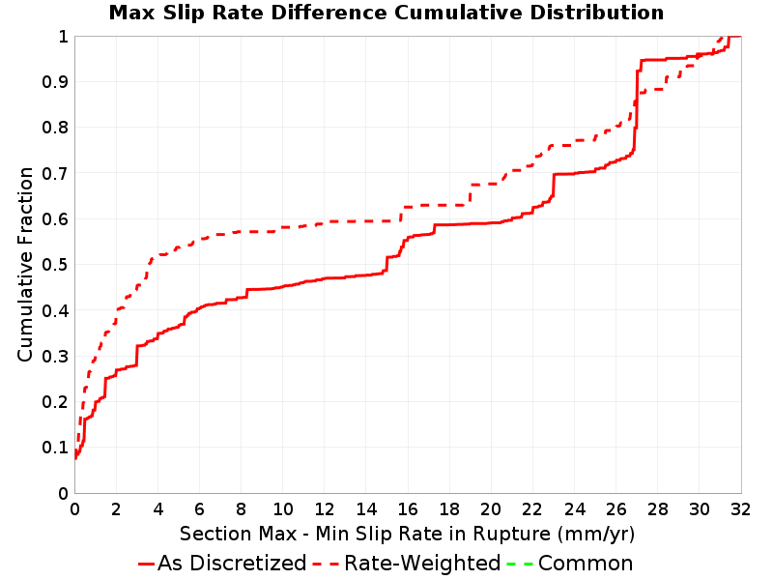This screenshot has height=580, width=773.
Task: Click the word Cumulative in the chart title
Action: click(x=457, y=13)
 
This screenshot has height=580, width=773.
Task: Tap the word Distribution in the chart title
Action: click(x=596, y=13)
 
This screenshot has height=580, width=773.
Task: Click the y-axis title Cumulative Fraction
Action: click(x=25, y=264)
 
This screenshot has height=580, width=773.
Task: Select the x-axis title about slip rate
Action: click(x=407, y=534)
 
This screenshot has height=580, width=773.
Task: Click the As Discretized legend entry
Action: click(x=222, y=564)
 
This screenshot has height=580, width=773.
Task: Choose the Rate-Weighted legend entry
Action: click(x=407, y=564)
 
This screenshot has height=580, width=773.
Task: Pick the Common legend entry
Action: click(x=570, y=564)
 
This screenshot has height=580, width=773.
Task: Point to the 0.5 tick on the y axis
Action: click(x=55, y=265)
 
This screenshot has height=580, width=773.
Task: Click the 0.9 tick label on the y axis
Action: click(x=55, y=82)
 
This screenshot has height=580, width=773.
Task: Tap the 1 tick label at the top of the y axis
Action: click(x=63, y=37)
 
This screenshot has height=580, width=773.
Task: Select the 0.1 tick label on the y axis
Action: click(x=55, y=448)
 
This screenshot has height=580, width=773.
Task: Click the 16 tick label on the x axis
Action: click(x=408, y=509)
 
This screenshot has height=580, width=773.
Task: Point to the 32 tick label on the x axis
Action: click(x=740, y=509)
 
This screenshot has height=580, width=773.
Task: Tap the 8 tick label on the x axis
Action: click(x=241, y=509)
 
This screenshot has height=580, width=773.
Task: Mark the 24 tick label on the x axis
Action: click(x=574, y=509)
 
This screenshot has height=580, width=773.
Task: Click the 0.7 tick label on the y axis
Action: click(x=55, y=174)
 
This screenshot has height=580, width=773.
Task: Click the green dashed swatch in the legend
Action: click(x=520, y=564)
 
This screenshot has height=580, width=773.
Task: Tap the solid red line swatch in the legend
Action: click(x=147, y=564)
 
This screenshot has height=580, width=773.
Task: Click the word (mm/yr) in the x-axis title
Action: click(x=596, y=535)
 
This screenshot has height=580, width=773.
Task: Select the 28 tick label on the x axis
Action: click(x=658, y=509)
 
